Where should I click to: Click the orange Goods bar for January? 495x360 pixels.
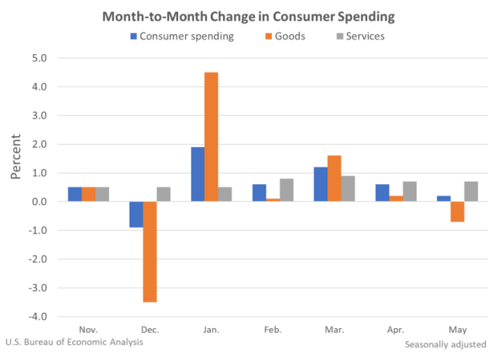pyautogui.click(x=211, y=137)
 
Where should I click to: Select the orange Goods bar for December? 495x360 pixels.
pyautogui.click(x=149, y=252)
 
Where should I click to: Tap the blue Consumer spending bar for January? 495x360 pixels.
pyautogui.click(x=197, y=174)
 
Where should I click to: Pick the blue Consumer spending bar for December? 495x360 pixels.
pyautogui.click(x=136, y=215)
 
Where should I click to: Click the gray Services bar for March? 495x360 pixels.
pyautogui.click(x=348, y=189)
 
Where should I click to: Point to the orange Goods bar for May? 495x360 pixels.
pyautogui.click(x=457, y=212)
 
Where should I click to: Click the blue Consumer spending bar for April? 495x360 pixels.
pyautogui.click(x=382, y=193)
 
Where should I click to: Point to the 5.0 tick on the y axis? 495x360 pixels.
pyautogui.click(x=39, y=58)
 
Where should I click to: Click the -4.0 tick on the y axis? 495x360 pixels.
pyautogui.click(x=37, y=317)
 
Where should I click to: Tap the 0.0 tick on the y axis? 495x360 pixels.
pyautogui.click(x=39, y=202)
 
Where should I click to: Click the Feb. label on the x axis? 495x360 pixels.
pyautogui.click(x=273, y=330)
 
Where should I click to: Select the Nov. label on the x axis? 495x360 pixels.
pyautogui.click(x=88, y=330)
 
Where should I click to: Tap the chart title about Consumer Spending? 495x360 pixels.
pyautogui.click(x=247, y=16)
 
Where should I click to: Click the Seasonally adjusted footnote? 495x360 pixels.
pyautogui.click(x=445, y=345)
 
